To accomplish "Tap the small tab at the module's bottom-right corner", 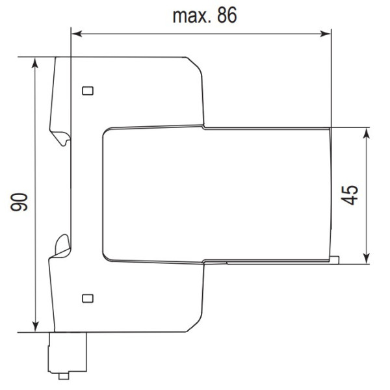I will click(334, 261).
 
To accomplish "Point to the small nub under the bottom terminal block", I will click(63, 376).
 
